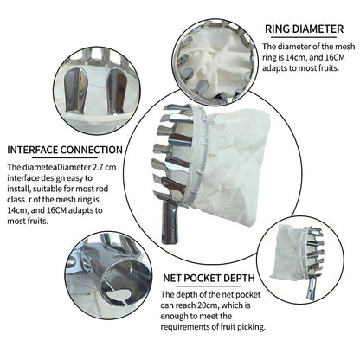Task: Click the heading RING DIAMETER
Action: (304, 29)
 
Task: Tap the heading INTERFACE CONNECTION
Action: (65, 150)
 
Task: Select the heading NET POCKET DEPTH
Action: (209, 278)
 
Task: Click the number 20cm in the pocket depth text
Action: (208, 305)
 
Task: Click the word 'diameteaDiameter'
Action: (55, 167)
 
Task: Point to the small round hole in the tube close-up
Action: (132, 270)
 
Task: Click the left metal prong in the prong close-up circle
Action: (74, 90)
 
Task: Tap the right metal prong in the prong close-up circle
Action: (117, 91)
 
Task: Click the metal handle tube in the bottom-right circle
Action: (312, 288)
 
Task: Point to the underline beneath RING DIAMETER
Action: (304, 37)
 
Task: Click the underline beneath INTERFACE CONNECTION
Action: (65, 157)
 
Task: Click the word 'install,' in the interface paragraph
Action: (19, 189)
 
